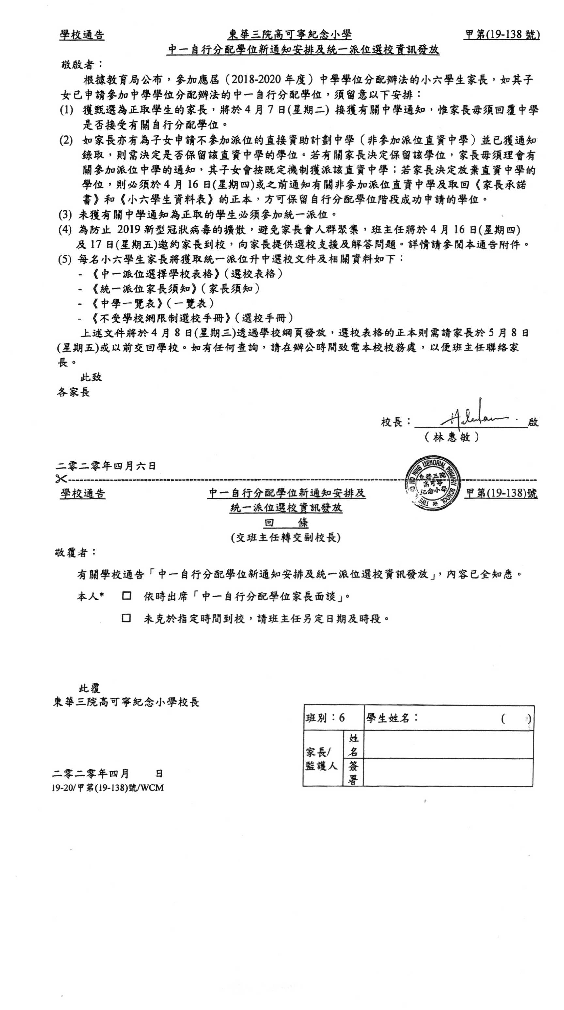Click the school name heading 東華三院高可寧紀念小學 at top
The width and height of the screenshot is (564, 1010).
coord(290,35)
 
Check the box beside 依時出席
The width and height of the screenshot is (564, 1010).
coord(126,596)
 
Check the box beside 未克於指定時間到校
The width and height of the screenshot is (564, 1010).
coord(126,618)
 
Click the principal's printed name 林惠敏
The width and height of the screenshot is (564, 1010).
coord(451,437)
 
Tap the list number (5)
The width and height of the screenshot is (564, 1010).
coord(65,259)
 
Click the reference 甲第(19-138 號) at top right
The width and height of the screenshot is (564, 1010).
coord(502,35)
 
